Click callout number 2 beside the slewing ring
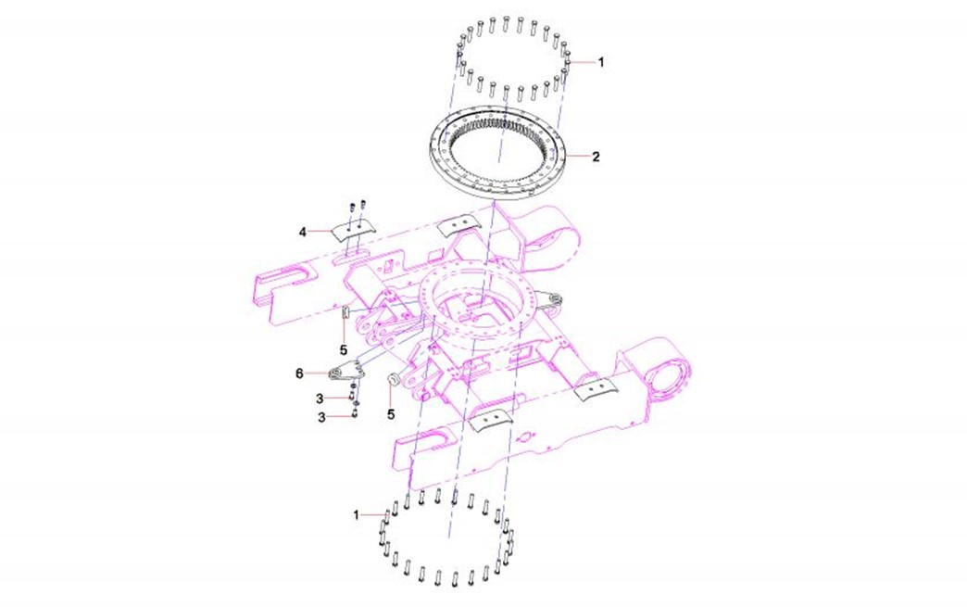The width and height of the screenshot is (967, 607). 596,157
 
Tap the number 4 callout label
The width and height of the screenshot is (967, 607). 302,232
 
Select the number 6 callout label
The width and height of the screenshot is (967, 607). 300,373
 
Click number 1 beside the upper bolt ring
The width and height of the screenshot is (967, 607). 601,62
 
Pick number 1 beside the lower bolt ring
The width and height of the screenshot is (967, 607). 356,514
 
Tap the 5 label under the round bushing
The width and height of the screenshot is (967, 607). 391,414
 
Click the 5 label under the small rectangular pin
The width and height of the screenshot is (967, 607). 344,350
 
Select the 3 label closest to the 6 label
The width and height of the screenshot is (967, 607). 320,398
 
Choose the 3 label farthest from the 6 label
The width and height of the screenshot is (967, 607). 321,418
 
